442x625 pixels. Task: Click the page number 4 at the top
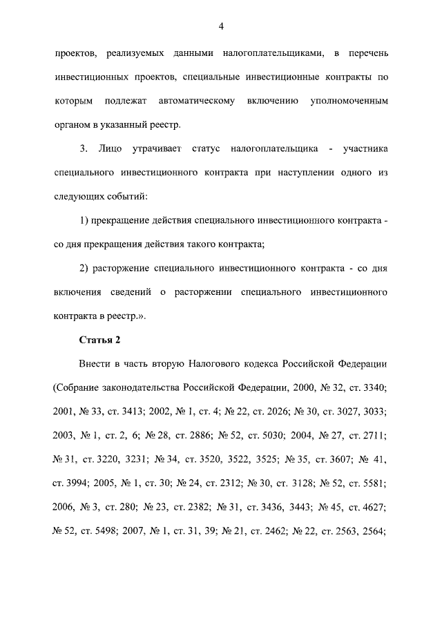coord(221,26)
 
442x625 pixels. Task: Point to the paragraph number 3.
coord(84,148)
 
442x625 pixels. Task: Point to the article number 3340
coord(372,387)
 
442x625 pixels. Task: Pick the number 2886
coord(200,436)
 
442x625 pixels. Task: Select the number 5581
coord(372,483)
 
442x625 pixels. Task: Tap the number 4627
coord(371,508)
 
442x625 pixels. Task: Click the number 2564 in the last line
coord(372,531)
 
